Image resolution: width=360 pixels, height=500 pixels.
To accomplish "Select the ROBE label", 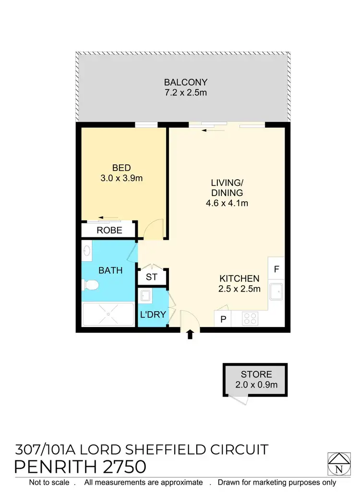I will (x=109, y=231).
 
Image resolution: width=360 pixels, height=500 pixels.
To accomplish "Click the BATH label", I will (x=110, y=270).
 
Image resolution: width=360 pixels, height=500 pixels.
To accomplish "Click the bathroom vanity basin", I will (x=87, y=250).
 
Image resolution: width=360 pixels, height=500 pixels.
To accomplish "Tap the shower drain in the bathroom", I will (x=108, y=314).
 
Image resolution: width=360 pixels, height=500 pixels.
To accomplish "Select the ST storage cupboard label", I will (x=152, y=277).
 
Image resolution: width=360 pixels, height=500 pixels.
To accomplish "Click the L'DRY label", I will (x=153, y=315).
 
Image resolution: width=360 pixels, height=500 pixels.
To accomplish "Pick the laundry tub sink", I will (x=145, y=295).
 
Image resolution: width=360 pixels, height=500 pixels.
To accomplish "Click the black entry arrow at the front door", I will (x=190, y=334).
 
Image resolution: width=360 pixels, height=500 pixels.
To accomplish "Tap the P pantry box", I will (x=223, y=319).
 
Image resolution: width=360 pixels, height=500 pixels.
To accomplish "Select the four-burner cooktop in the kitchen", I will (x=250, y=318).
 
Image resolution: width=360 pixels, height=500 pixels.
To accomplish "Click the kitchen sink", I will (x=276, y=291).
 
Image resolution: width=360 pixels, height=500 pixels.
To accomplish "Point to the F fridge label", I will (x=276, y=269).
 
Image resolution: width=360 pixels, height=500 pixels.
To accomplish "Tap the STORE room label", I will (x=256, y=374).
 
